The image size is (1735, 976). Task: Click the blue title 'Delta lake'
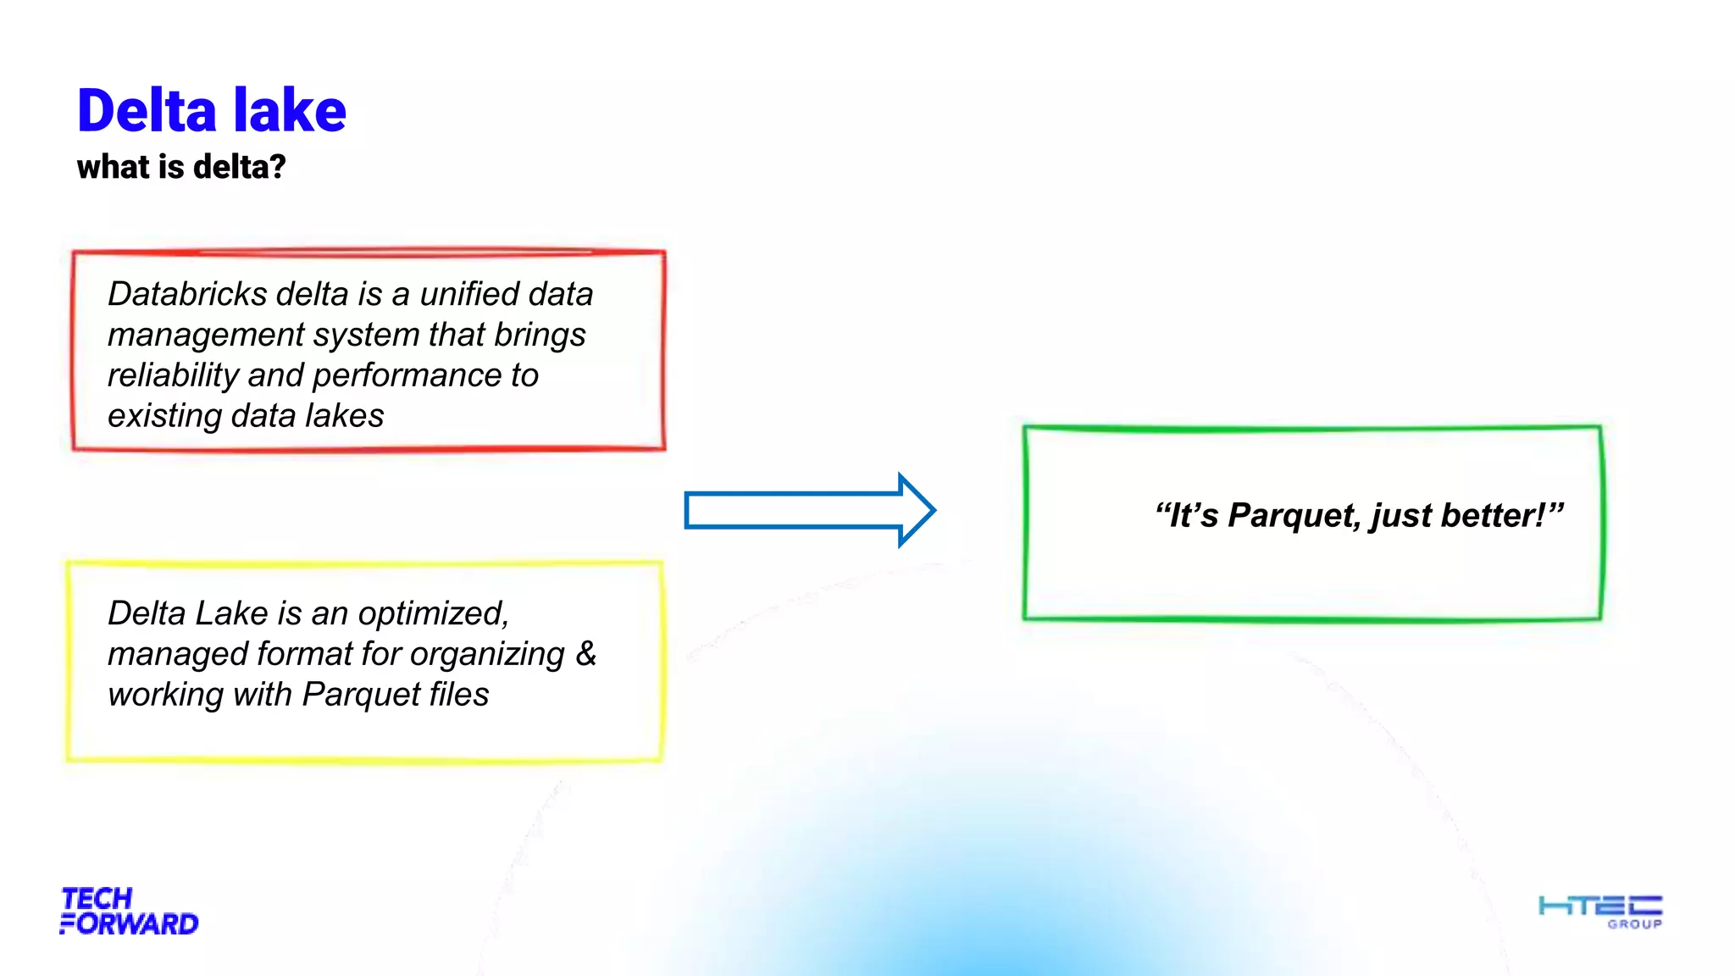pos(212,111)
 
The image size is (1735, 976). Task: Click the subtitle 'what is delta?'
pos(181,167)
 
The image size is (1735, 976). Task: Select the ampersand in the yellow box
pos(586,653)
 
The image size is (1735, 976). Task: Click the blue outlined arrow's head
pos(915,510)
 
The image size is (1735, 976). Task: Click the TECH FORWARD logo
pos(129,912)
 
